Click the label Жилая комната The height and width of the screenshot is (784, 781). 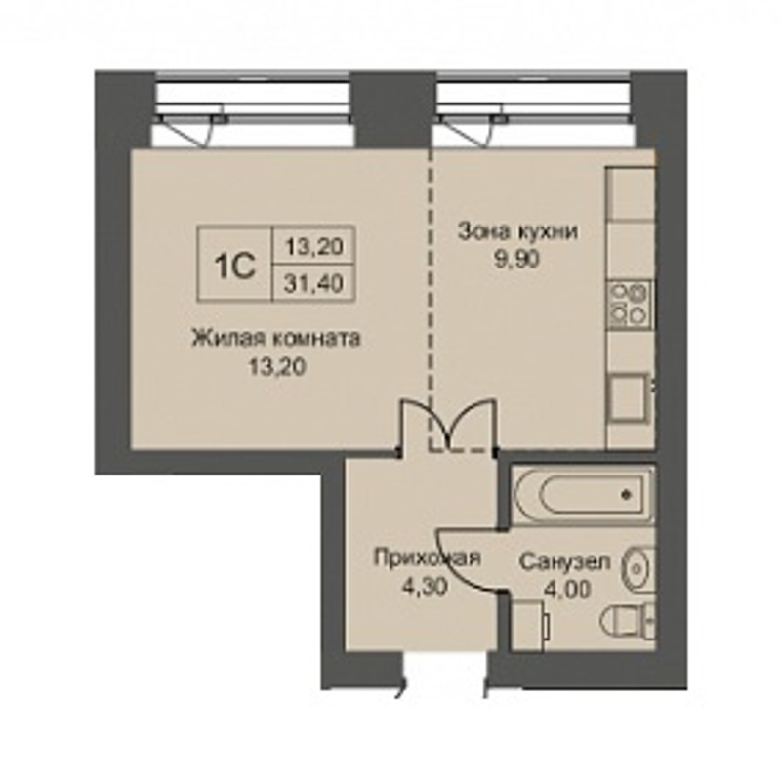[x=276, y=338]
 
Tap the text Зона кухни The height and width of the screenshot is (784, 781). [x=518, y=231]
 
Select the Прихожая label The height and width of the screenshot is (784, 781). [x=427, y=557]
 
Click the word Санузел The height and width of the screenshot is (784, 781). [x=564, y=561]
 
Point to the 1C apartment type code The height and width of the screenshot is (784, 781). [x=235, y=266]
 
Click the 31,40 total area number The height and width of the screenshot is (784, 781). [x=313, y=283]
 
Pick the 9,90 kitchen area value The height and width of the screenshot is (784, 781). [x=517, y=260]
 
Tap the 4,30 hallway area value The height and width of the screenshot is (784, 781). [x=425, y=585]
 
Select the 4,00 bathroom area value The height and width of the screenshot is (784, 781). [x=567, y=589]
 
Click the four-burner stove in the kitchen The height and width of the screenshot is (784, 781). [x=630, y=304]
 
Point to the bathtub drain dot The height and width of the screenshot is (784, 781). [x=625, y=495]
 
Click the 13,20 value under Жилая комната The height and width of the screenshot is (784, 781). [x=277, y=367]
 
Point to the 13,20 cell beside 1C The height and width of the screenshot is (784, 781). [x=313, y=245]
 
